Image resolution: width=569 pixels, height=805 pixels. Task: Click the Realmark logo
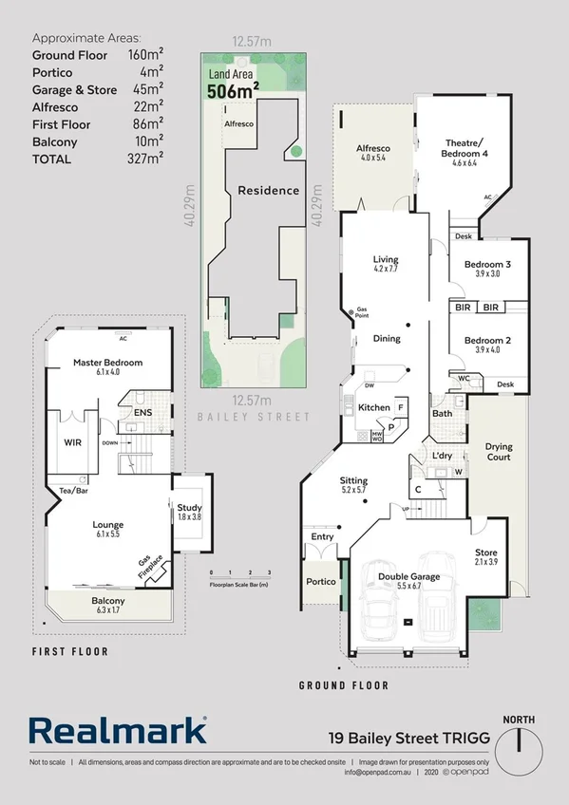(x=118, y=730)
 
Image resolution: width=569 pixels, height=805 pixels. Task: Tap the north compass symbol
(x=520, y=738)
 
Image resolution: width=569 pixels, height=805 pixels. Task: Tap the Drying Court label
(x=498, y=451)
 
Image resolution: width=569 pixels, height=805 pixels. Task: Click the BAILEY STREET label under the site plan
(x=254, y=416)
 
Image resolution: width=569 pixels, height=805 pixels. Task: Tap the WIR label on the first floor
(x=72, y=442)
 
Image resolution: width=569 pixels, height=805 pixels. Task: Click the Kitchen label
(x=373, y=408)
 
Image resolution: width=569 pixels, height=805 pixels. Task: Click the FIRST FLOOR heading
(x=69, y=652)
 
